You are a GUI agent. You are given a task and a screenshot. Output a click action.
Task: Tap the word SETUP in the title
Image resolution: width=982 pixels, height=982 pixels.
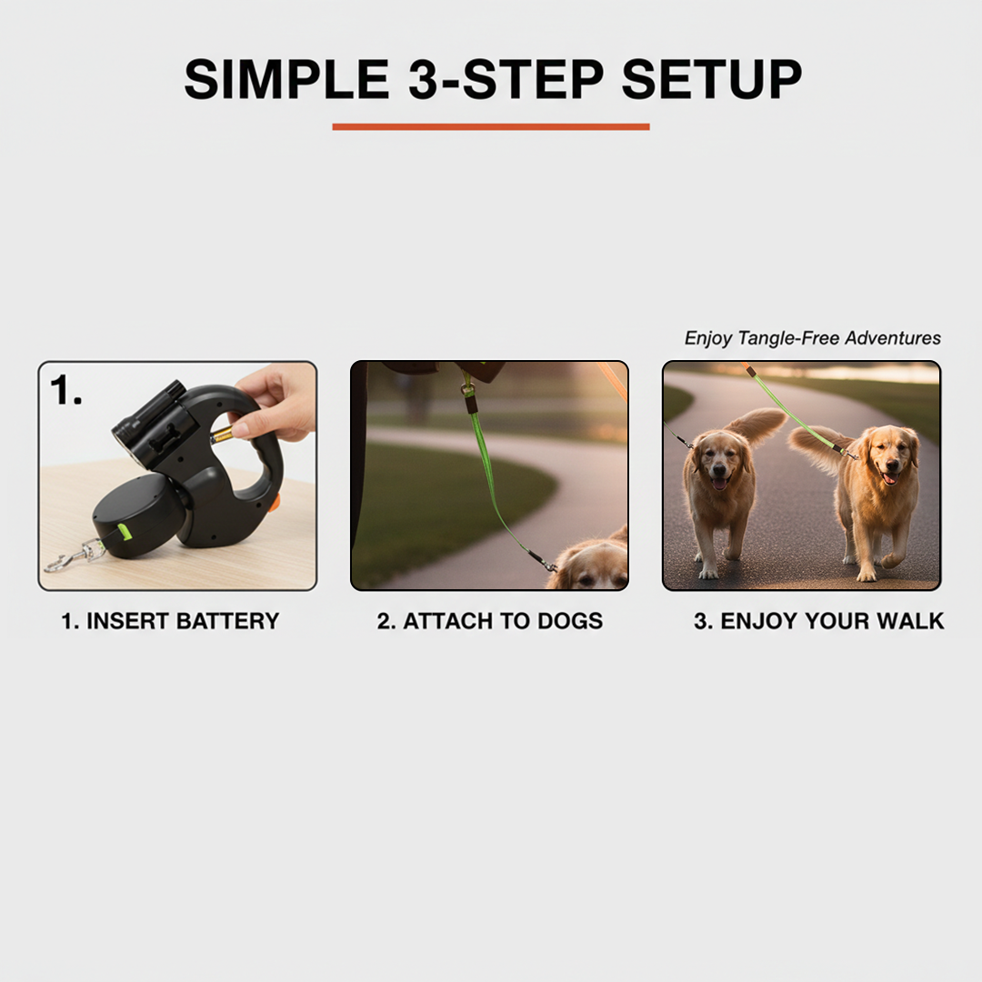[712, 80]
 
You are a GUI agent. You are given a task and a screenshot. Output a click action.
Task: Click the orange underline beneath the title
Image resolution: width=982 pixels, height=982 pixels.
[491, 127]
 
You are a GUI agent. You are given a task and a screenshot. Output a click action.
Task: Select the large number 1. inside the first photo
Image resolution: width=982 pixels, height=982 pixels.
[66, 390]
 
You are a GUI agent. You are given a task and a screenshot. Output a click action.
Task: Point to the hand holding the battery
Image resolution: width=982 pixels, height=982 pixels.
[277, 400]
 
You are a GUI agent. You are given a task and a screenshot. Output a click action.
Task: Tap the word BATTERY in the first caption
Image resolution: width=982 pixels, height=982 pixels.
[227, 622]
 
